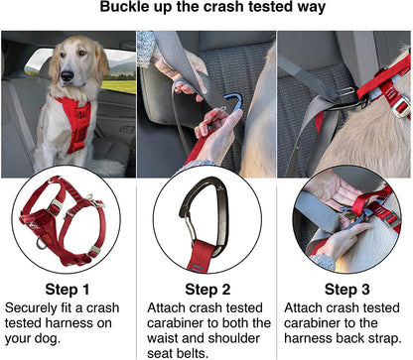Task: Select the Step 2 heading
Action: [206, 289]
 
